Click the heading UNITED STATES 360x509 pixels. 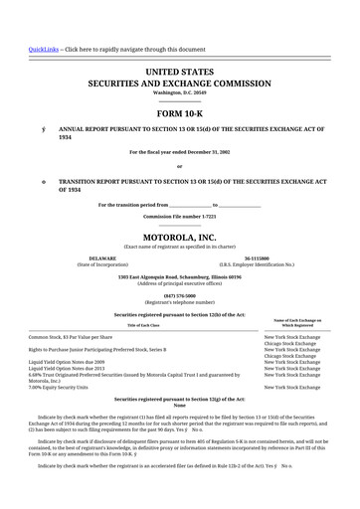pyautogui.click(x=180, y=73)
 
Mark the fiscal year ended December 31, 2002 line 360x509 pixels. pyautogui.click(x=180, y=152)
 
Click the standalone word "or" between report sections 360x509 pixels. pyautogui.click(x=180, y=166)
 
